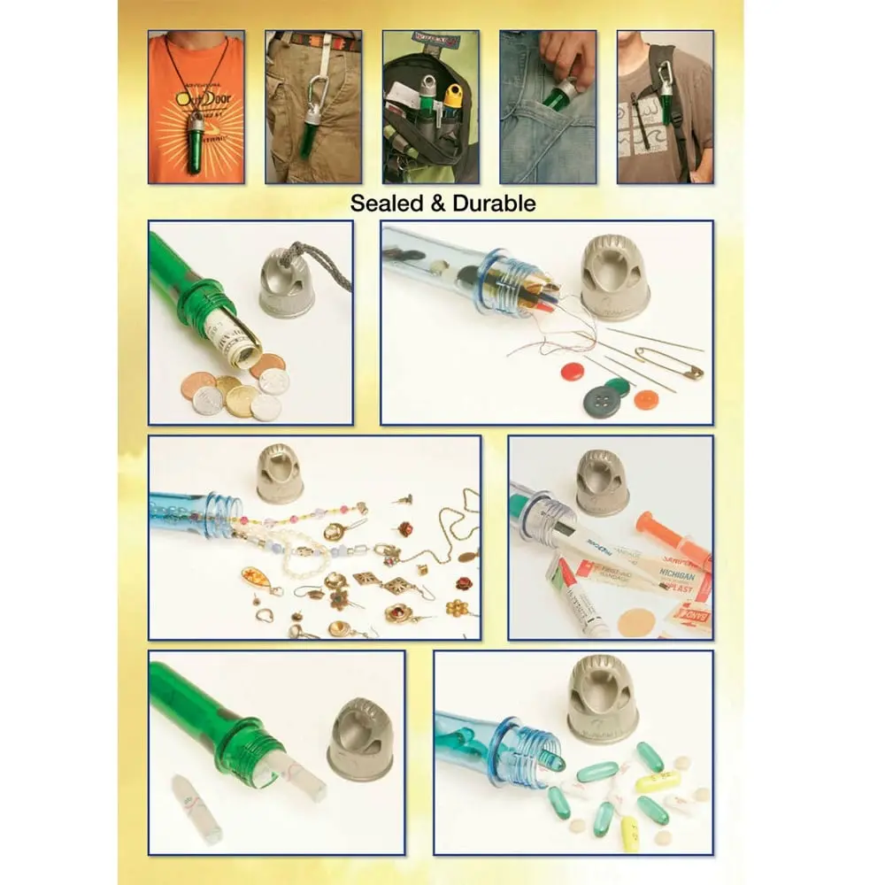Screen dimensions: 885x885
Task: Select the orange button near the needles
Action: coord(646,399)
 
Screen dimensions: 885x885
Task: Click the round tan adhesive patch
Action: coord(635,621)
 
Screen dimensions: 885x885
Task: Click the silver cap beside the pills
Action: coord(603,698)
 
